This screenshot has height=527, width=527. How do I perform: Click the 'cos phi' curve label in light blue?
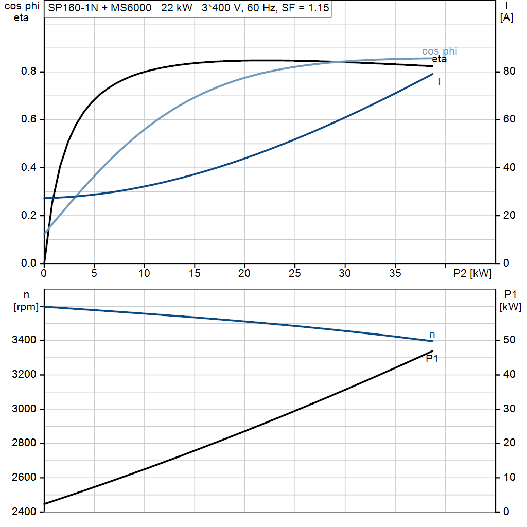pyautogui.click(x=440, y=51)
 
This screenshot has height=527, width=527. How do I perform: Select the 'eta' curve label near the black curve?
pyautogui.click(x=440, y=59)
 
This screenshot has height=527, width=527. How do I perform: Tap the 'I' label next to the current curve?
pyautogui.click(x=440, y=82)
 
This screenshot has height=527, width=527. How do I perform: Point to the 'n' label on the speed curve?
pyautogui.click(x=432, y=335)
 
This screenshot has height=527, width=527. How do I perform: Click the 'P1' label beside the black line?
pyautogui.click(x=432, y=359)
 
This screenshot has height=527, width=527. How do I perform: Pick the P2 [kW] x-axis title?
pyautogui.click(x=472, y=273)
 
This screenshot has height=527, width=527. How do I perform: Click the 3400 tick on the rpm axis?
pyautogui.click(x=24, y=340)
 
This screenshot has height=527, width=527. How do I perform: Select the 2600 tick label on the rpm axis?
pyautogui.click(x=24, y=477)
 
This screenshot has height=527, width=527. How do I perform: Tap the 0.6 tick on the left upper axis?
pyautogui.click(x=29, y=119)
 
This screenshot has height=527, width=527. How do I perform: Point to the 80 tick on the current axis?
pyautogui.click(x=509, y=71)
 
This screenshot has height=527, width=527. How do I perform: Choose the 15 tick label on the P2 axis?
pyautogui.click(x=194, y=273)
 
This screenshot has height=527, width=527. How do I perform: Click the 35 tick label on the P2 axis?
pyautogui.click(x=395, y=273)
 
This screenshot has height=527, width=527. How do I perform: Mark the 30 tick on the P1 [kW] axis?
pyautogui.click(x=509, y=409)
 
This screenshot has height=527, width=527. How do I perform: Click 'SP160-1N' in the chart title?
pyautogui.click(x=73, y=8)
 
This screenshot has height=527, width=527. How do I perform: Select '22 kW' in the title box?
pyautogui.click(x=177, y=8)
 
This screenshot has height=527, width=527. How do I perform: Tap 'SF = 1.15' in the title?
pyautogui.click(x=306, y=8)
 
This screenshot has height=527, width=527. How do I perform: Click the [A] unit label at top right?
pyautogui.click(x=506, y=18)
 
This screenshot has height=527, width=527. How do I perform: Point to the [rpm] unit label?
pyautogui.click(x=26, y=307)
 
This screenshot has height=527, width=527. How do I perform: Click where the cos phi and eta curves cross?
pyautogui.click(x=337, y=62)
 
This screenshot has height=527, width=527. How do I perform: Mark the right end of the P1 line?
pyautogui.click(x=432, y=351)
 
